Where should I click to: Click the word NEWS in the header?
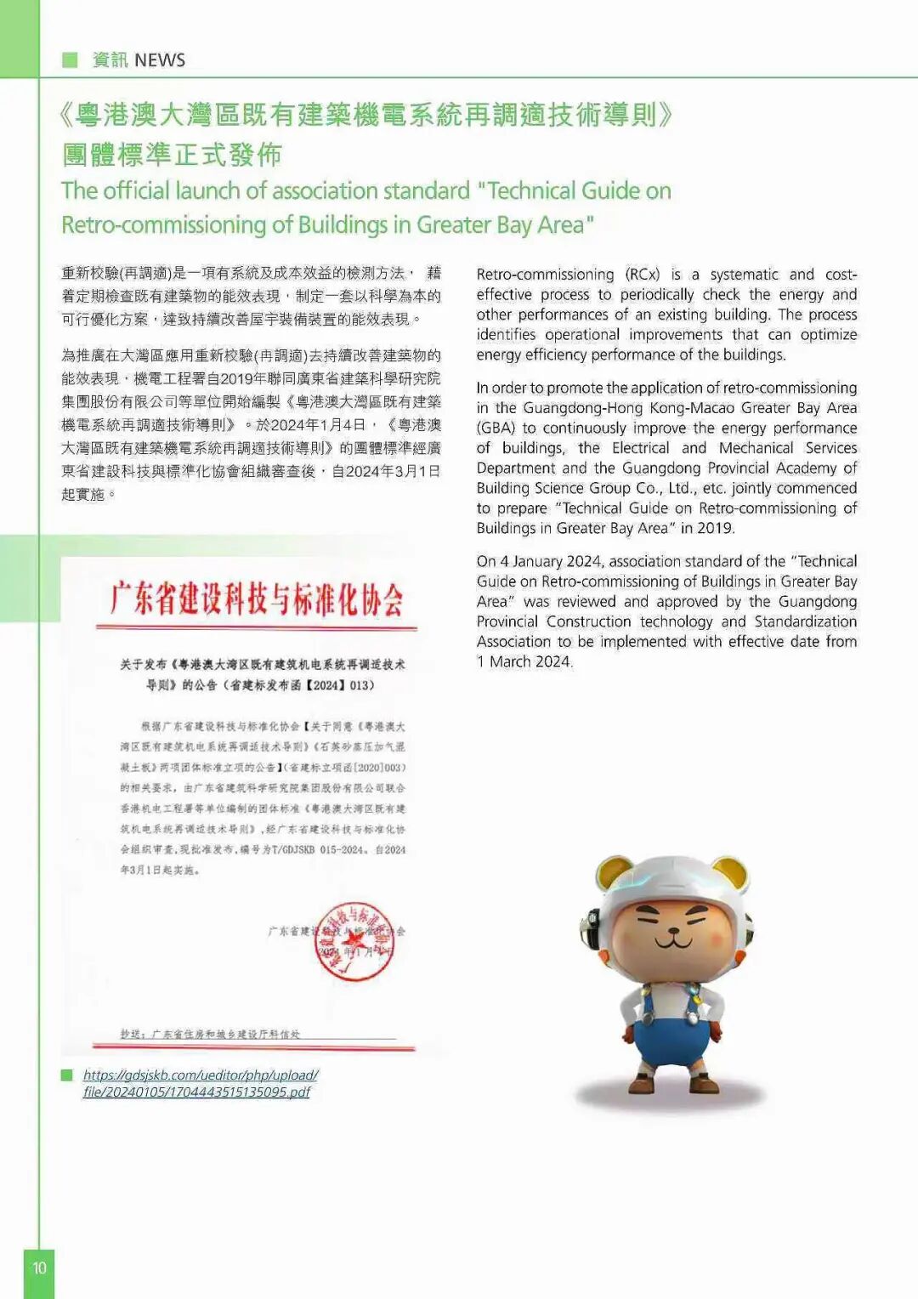160,60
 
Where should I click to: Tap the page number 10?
39,1268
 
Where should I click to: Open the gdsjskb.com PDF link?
200,1083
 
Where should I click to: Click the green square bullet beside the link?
67,1075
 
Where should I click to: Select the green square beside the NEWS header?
70,60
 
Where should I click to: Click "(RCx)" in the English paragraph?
643,275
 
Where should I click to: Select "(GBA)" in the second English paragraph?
496,428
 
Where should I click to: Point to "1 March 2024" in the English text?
524,661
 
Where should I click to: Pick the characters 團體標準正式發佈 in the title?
172,155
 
